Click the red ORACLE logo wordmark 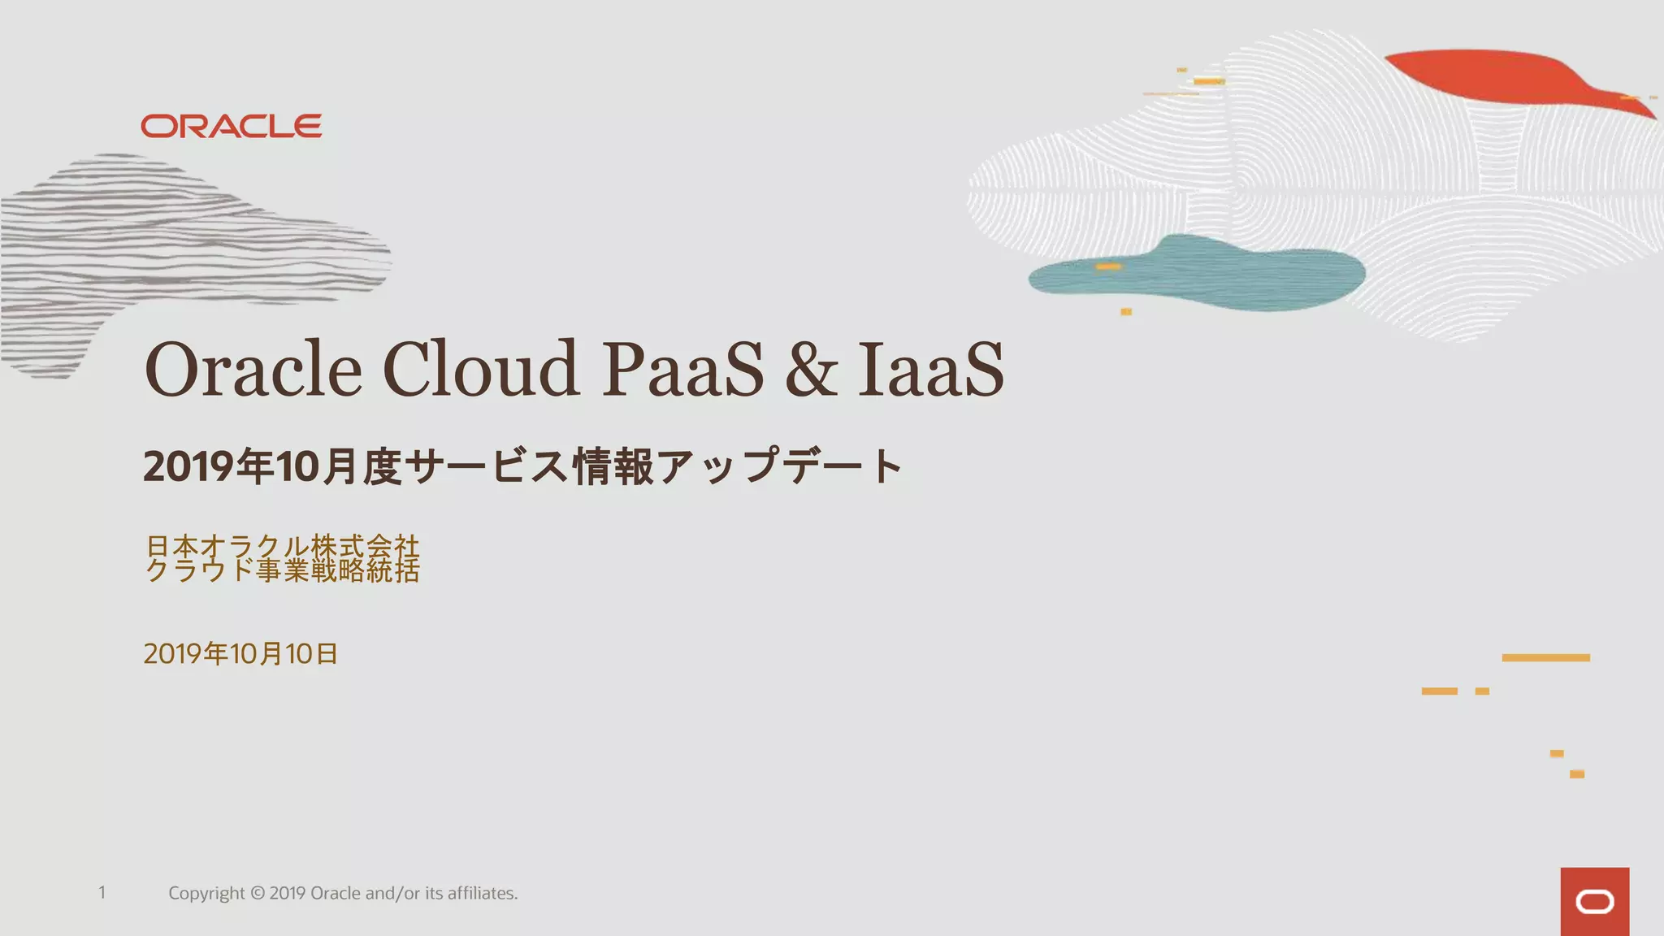[232, 126]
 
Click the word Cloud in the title [480, 369]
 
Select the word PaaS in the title [682, 369]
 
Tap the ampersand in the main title [810, 370]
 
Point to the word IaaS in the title [931, 369]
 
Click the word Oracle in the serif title [253, 369]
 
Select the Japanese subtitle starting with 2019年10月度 [522, 466]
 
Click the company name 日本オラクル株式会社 [282, 545]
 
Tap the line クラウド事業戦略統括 [282, 570]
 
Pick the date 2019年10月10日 [240, 653]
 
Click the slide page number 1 [102, 892]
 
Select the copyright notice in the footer [343, 893]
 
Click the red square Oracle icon [1594, 901]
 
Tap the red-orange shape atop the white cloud [1503, 77]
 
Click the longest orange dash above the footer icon [1545, 657]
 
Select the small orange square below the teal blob [1126, 312]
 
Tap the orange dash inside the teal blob [1108, 266]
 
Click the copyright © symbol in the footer [258, 893]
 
